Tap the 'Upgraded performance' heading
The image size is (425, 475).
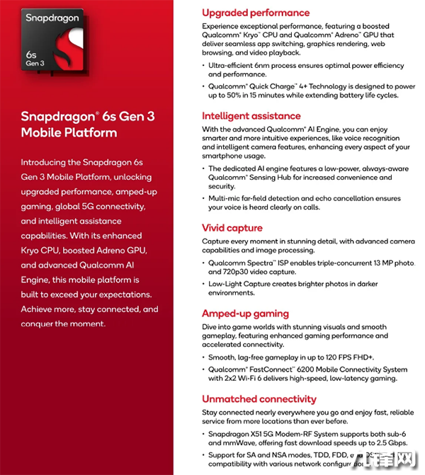pos(256,13)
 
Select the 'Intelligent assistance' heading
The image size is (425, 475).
pos(251,116)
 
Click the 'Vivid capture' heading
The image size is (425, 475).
pos(232,228)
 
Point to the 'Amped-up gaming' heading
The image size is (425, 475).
pos(245,314)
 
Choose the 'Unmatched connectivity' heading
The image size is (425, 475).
pos(259,399)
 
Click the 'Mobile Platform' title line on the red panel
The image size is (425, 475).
pos(69,132)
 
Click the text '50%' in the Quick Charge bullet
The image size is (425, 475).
pos(241,95)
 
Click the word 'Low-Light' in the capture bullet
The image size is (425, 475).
pos(226,284)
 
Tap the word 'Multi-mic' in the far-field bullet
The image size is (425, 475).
pos(226,198)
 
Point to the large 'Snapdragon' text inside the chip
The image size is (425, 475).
pos(51,17)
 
